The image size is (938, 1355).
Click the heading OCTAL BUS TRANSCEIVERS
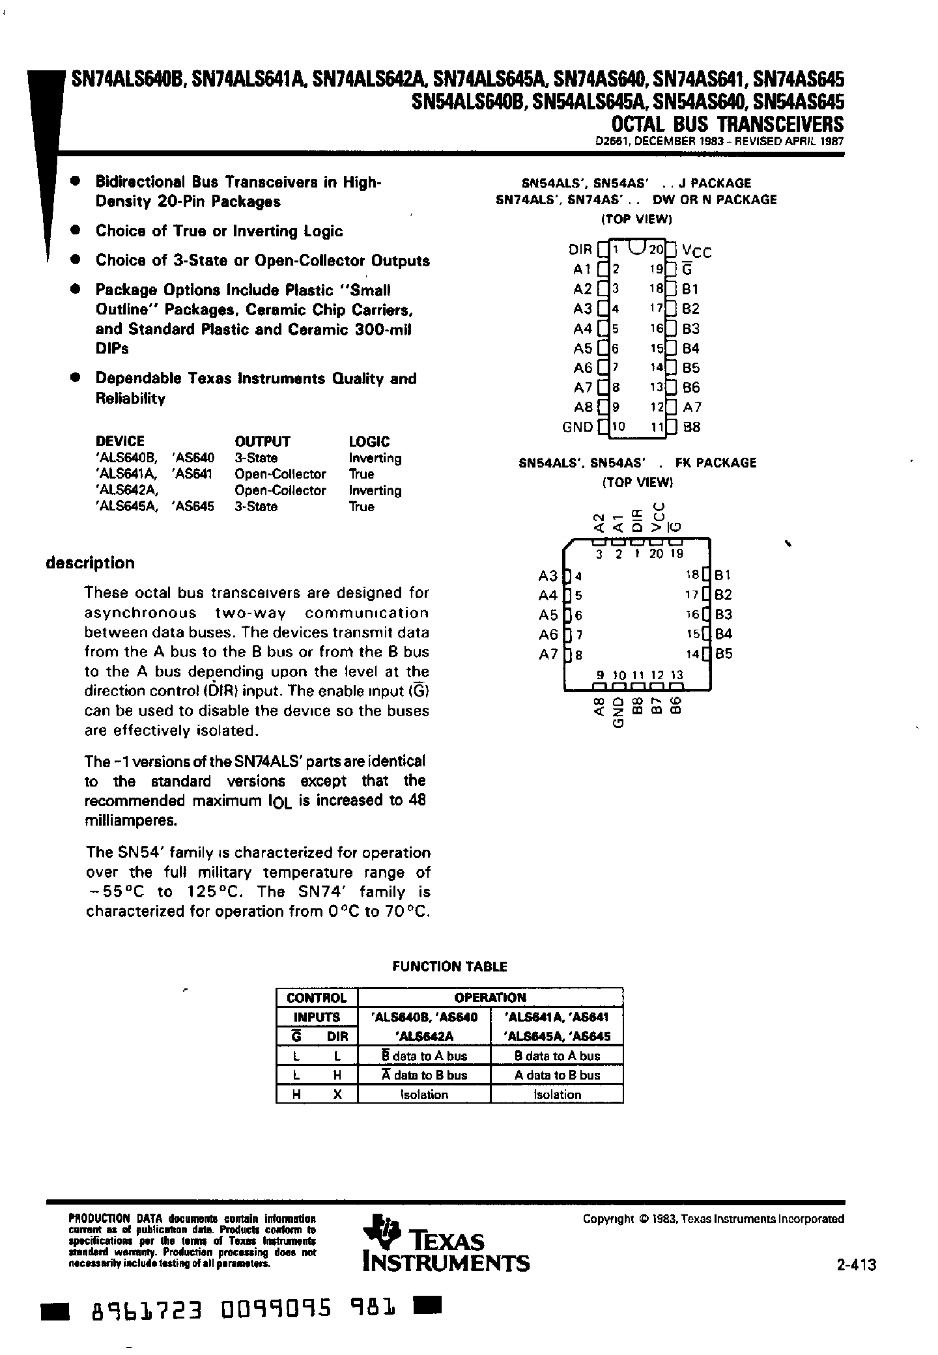[726, 124]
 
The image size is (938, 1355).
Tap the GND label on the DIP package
[577, 427]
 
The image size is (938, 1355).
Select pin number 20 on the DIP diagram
[655, 249]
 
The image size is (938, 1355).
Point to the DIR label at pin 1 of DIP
[580, 250]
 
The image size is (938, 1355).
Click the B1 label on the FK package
[723, 575]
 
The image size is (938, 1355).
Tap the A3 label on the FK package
[548, 576]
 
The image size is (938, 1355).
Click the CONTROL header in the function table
[317, 998]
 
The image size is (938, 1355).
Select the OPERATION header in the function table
[490, 998]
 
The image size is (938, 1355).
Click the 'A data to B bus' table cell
[557, 1075]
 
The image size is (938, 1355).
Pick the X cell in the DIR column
[337, 1095]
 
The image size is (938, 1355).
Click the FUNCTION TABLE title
[449, 966]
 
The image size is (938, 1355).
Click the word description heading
[90, 563]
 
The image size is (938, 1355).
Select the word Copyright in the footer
[608, 1219]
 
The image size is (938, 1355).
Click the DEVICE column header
[120, 441]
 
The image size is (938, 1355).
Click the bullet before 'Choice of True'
[76, 230]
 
